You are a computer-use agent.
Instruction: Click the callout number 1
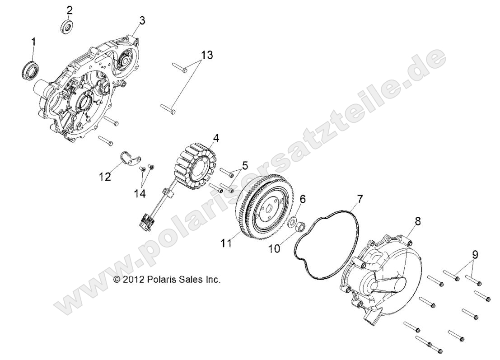point(33,42)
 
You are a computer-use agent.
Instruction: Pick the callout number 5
point(244,166)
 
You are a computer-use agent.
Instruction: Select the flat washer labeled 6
point(293,222)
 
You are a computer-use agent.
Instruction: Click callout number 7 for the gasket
point(360,198)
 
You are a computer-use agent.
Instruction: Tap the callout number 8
point(418,221)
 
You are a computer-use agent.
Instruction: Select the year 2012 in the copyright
point(134,280)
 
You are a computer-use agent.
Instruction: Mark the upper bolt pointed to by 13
point(179,69)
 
